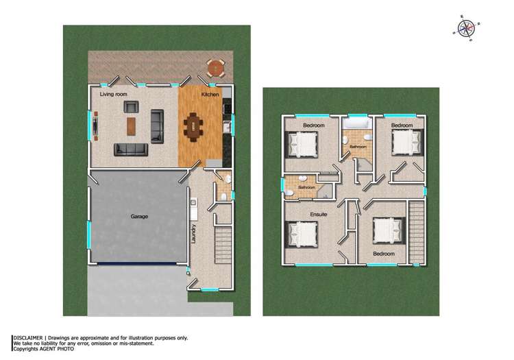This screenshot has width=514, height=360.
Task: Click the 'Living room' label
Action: tap(114, 94)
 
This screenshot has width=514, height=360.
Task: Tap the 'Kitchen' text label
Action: tap(210, 94)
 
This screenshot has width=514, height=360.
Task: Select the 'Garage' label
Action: tap(139, 217)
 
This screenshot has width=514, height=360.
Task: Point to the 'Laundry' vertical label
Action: tap(195, 234)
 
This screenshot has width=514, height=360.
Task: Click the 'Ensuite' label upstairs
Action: tap(319, 215)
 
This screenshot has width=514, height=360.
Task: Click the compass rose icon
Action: tap(465, 27)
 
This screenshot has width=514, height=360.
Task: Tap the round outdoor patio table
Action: tap(215, 68)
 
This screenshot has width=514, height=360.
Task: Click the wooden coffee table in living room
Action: tap(132, 125)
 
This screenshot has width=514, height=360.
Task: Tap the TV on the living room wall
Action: tap(95, 126)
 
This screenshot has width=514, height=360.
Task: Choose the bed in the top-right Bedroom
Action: tap(404, 143)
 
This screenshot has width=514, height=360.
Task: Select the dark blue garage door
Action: tap(141, 265)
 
